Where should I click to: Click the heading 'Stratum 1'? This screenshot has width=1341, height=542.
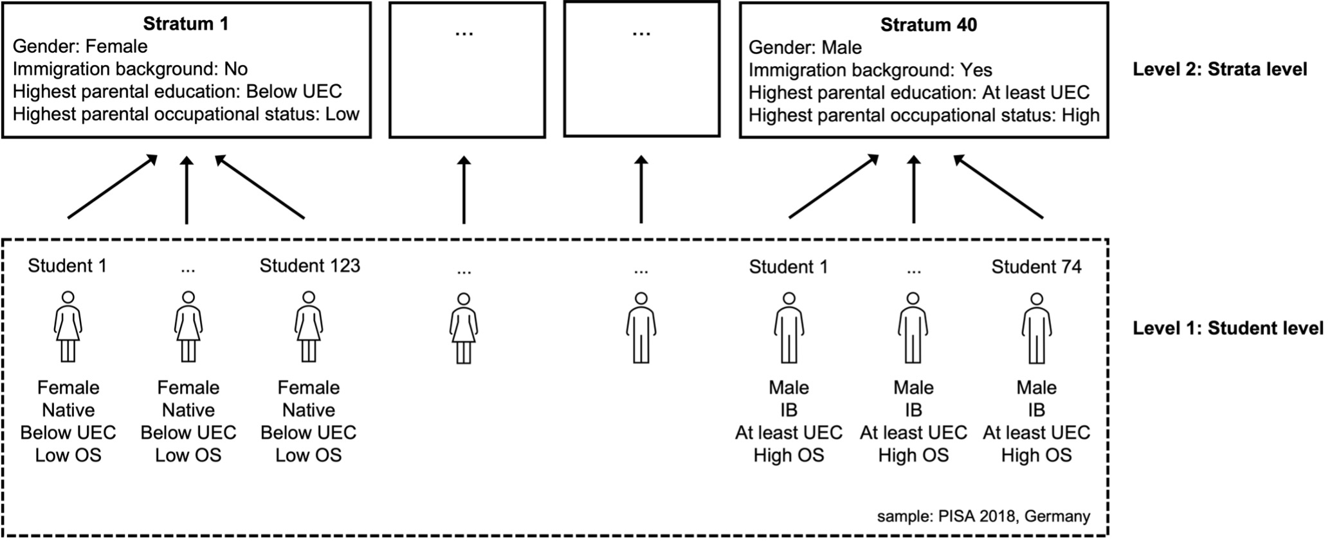click(x=185, y=24)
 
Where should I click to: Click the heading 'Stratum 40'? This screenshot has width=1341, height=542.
click(x=928, y=25)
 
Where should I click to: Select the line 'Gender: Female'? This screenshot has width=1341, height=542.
click(x=80, y=47)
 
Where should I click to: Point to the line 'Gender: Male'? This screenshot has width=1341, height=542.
click(x=805, y=48)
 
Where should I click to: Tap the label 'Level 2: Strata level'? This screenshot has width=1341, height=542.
click(x=1219, y=69)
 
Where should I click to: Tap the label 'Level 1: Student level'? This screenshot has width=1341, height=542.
click(x=1228, y=329)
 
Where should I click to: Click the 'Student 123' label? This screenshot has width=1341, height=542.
click(x=309, y=266)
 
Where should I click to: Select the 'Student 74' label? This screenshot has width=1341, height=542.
click(x=1036, y=267)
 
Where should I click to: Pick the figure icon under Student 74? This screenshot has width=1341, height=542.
click(x=1036, y=328)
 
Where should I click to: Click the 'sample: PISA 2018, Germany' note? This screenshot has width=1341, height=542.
click(x=983, y=516)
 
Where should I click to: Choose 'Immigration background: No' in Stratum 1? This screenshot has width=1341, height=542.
click(x=130, y=69)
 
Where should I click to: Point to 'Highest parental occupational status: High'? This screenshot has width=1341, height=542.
click(x=924, y=116)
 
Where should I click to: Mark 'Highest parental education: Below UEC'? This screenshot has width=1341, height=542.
click(x=177, y=92)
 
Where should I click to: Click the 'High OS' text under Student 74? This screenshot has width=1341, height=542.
click(x=1036, y=455)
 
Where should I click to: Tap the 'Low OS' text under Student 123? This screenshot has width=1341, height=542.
click(x=309, y=455)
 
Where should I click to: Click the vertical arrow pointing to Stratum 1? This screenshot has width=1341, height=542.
click(x=187, y=190)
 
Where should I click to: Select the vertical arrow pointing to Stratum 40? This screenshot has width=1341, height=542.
click(x=913, y=190)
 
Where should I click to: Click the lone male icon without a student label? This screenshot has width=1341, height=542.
click(x=641, y=328)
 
